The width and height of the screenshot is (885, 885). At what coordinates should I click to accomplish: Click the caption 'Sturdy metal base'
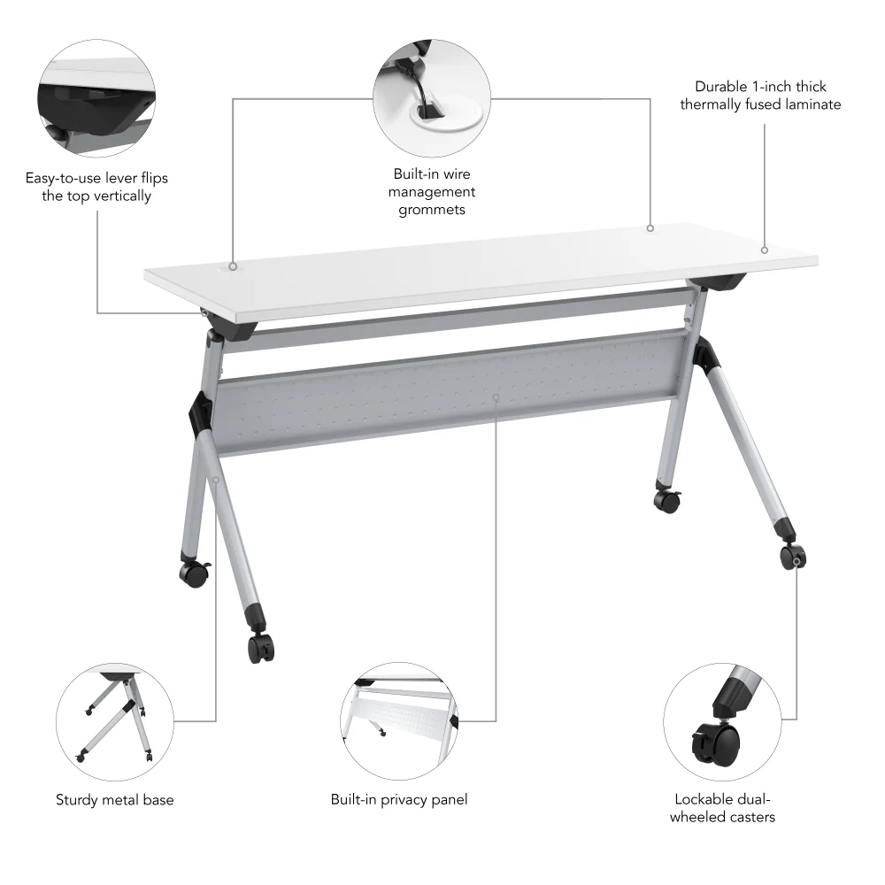[x=114, y=800]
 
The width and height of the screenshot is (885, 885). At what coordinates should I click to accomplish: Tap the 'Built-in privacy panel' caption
[x=399, y=800]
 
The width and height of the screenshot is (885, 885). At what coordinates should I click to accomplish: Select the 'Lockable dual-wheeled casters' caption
[x=722, y=808]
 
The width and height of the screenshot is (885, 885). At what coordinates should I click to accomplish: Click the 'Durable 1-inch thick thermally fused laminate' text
[x=760, y=96]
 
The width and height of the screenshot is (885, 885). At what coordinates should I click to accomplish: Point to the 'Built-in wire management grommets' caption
[x=432, y=192]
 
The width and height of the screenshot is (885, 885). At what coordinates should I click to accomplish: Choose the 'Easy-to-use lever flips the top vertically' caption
[x=96, y=187]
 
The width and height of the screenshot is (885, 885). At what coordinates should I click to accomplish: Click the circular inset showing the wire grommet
[x=432, y=98]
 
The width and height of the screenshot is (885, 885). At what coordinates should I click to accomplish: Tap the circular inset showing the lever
[x=96, y=98]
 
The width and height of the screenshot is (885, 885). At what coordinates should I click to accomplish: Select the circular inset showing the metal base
[x=114, y=722]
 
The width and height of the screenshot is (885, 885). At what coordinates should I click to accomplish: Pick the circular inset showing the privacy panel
[x=399, y=722]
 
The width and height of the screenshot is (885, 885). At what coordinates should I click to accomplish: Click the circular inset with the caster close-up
[x=722, y=722]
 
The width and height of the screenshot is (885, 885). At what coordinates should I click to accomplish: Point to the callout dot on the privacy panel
[x=496, y=397]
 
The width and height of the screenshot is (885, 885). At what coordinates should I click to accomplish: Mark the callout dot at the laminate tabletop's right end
[x=765, y=250]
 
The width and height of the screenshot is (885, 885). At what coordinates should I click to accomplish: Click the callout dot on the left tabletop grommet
[x=233, y=266]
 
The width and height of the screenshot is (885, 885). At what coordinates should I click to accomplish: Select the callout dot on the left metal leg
[x=216, y=480]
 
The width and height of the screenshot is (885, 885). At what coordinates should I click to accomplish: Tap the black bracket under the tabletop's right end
[x=718, y=282]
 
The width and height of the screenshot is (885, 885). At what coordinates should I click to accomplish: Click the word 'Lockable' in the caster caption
[x=698, y=799]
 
